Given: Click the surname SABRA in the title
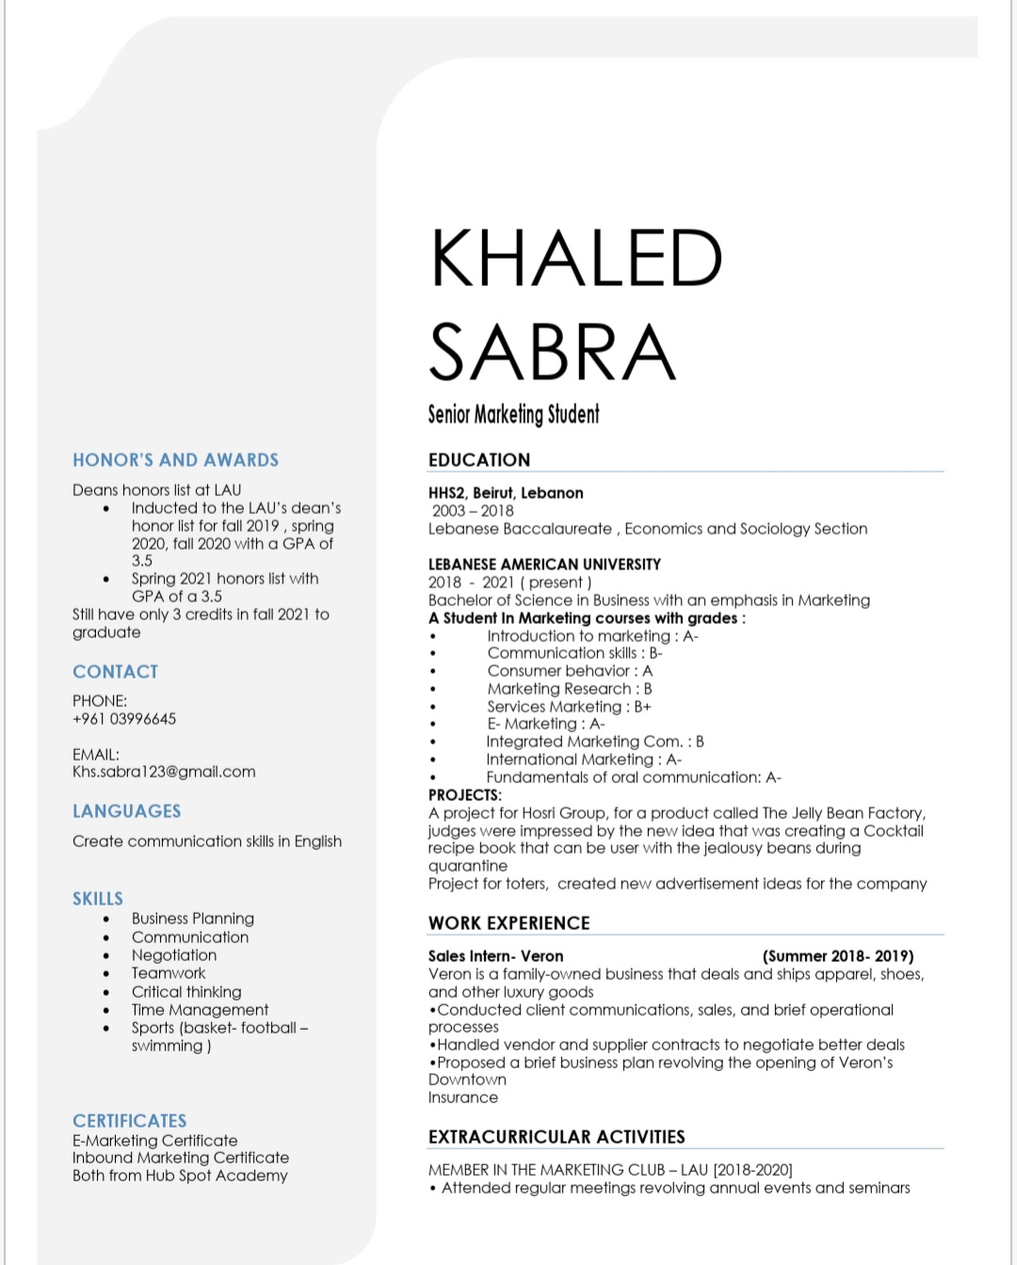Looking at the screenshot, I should tap(553, 352).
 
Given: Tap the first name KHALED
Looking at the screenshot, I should tap(576, 259).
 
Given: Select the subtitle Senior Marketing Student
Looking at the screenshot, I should tap(513, 414).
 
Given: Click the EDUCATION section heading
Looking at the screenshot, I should tap(479, 460).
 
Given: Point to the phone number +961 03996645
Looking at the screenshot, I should tap(124, 719).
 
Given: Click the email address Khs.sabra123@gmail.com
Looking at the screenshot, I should tap(164, 772).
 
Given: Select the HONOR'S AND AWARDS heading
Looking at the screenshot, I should tap(176, 460).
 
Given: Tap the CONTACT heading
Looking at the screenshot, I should tap(116, 672).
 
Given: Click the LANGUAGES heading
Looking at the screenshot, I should tap(127, 811).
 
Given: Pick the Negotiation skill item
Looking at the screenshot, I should tap(174, 955).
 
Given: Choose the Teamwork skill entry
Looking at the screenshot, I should tap(169, 973).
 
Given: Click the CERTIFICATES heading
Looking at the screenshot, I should tap(130, 1121).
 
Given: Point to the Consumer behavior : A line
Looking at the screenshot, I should tap(570, 671).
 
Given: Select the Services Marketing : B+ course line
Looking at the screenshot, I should tap(569, 707).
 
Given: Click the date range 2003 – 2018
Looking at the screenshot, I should tap(473, 511).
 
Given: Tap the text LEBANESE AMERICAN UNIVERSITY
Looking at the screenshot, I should tap(544, 565).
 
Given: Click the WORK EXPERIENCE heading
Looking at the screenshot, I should tap(509, 923).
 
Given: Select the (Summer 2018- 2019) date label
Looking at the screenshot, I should tap(838, 956).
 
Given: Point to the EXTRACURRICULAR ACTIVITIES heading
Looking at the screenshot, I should tap(557, 1137).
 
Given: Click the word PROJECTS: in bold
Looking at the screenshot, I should tap(465, 795).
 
